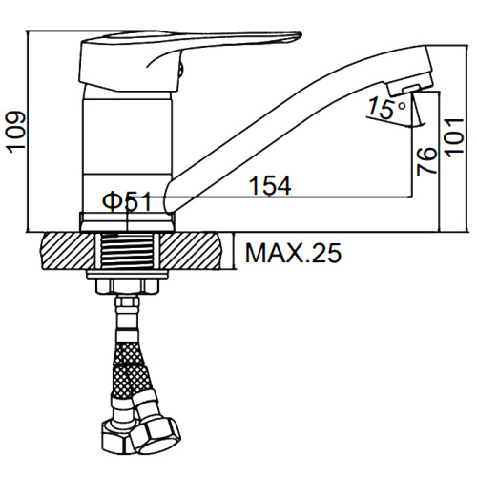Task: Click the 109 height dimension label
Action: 15,133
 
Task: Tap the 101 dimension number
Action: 454,137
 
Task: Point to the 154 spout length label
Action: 270,185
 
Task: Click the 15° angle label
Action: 386,108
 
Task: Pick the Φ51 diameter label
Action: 127,201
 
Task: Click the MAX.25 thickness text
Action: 293,253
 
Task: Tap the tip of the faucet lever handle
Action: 300,35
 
